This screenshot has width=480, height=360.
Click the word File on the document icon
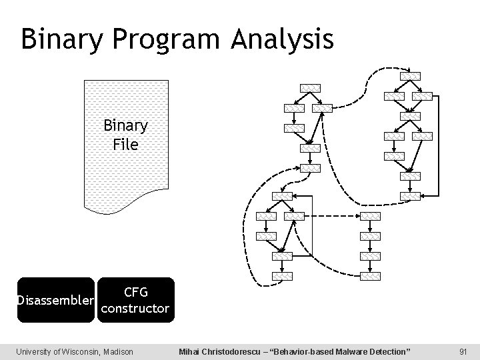pyautogui.click(x=125, y=143)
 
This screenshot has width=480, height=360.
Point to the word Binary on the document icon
pyautogui.click(x=125, y=126)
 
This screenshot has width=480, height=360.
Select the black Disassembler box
pyautogui.click(x=56, y=300)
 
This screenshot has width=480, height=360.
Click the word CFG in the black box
pyautogui.click(x=135, y=292)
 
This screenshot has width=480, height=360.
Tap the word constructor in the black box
pyautogui.click(x=135, y=309)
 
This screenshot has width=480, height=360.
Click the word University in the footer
pyautogui.click(x=35, y=351)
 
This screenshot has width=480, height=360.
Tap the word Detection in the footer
pyautogui.click(x=389, y=351)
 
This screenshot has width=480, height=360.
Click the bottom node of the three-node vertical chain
pyautogui.click(x=370, y=276)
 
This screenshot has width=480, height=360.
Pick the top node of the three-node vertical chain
pyautogui.click(x=370, y=216)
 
